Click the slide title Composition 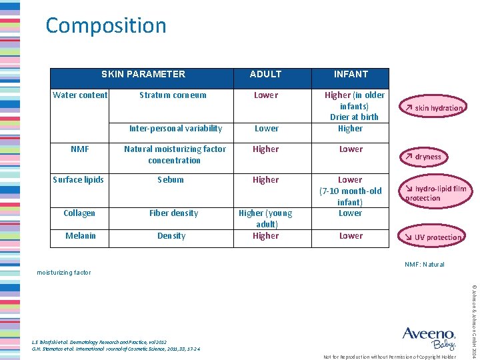point(106,26)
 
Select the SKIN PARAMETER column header point(143,74)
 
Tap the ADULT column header point(265,74)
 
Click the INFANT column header point(351,74)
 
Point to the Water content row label point(80,95)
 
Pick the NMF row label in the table point(80,149)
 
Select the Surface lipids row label point(79,180)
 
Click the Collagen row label point(79,213)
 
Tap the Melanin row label point(80,236)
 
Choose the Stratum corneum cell point(173,95)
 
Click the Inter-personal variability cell point(175,129)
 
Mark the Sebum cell point(171,180)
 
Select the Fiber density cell point(173,213)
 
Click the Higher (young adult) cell point(265,219)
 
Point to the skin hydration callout point(433,108)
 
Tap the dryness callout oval point(424,157)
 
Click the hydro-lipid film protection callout point(436,193)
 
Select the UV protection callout point(433,237)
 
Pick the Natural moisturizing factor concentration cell point(175,155)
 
